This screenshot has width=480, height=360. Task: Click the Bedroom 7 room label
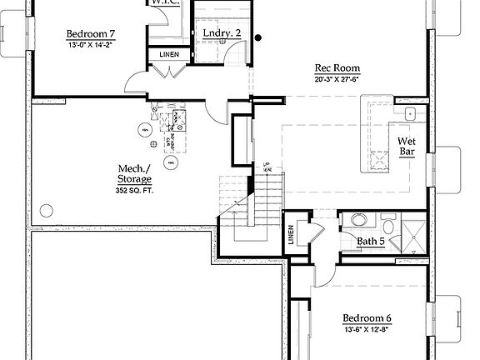tap(91, 34)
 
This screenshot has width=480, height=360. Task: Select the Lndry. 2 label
tap(222, 33)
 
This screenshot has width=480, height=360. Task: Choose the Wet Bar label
tap(407, 147)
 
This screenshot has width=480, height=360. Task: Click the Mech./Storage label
tap(134, 172)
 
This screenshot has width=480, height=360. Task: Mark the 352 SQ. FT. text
tap(134, 190)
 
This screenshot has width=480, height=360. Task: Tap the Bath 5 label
tap(370, 242)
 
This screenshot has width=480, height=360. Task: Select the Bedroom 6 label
tap(367, 318)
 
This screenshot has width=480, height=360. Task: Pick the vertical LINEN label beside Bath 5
tap(292, 237)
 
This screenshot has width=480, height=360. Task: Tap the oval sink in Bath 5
tap(357, 221)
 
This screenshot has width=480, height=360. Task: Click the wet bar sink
tap(409, 114)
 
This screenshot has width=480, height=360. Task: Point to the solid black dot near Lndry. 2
tap(258, 37)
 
